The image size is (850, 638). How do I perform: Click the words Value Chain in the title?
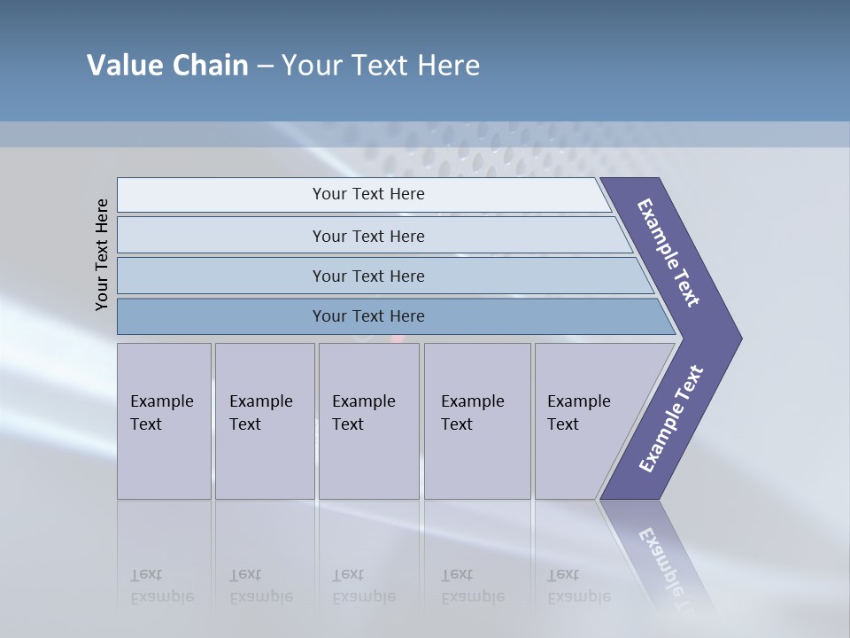[x=167, y=65]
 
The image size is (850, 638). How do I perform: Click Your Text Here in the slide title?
[x=381, y=65]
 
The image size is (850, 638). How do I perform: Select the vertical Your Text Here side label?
[x=102, y=254]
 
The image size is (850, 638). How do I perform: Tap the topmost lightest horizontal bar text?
[x=368, y=194]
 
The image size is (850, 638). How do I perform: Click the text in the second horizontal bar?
[x=368, y=236]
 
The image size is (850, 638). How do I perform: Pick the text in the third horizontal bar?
[x=368, y=276]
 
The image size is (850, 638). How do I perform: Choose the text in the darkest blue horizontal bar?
[x=368, y=315]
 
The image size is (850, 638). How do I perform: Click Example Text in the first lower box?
[x=161, y=412]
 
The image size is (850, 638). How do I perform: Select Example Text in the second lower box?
[x=260, y=412]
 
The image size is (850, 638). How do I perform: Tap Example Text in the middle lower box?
[x=363, y=412]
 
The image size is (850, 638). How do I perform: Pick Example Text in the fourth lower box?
[x=472, y=412]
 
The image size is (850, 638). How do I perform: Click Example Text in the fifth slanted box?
[x=578, y=412]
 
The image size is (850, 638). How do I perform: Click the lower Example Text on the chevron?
[x=670, y=419]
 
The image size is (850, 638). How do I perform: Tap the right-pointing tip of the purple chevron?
[x=738, y=338]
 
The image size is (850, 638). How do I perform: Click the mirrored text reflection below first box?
[x=161, y=586]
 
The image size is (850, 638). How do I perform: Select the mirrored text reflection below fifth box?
[x=578, y=586]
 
